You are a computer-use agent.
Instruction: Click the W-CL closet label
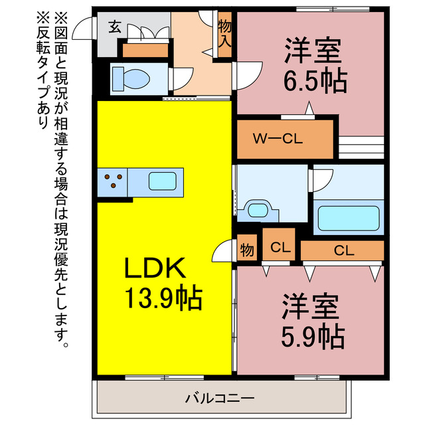tap(278, 139)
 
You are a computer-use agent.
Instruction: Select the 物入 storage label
tap(224, 33)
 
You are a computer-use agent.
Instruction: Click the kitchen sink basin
tap(161, 181)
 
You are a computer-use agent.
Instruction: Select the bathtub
tap(348, 216)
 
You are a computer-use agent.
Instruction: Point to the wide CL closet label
tap(343, 250)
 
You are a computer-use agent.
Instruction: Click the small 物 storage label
tap(246, 251)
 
